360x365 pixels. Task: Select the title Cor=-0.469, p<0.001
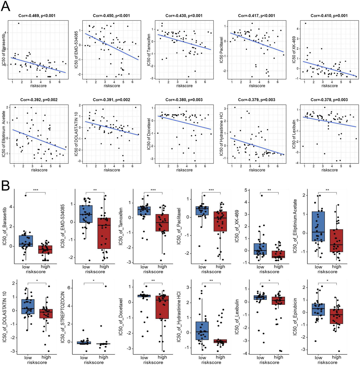[x=37, y=16]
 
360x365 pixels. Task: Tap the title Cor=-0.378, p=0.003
[x=329, y=100]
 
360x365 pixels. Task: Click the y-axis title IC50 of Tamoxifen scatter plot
[x=149, y=50]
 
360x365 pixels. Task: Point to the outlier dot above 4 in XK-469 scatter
[x=305, y=23]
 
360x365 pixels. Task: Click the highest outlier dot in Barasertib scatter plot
[x=18, y=23]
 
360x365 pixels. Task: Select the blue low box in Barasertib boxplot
[x=26, y=241]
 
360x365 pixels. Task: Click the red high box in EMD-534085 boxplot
[x=104, y=233]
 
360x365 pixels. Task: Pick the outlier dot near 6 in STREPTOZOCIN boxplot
[x=106, y=286]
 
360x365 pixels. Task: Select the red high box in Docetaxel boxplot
[x=162, y=307]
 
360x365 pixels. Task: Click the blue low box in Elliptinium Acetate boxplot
[x=318, y=226]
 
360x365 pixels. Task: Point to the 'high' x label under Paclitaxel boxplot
[x=220, y=267]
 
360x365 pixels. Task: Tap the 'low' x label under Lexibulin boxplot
[x=260, y=357]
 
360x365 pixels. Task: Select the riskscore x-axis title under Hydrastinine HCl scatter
[x=257, y=170]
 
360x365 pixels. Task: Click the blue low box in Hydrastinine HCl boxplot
[x=202, y=331]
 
